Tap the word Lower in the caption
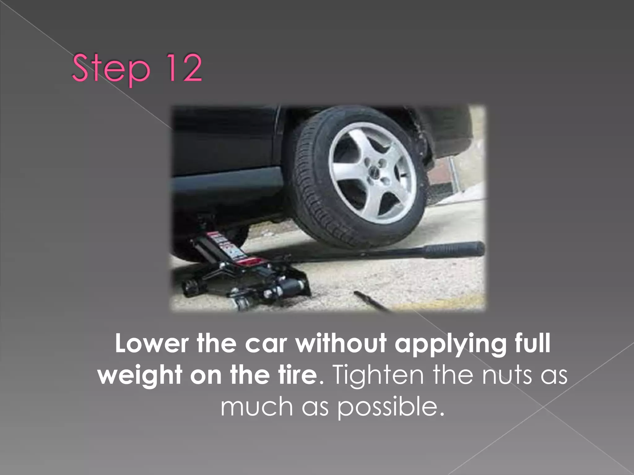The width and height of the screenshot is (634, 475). (x=152, y=343)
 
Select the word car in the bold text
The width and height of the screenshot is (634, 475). (x=266, y=343)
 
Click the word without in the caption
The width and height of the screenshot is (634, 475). (x=341, y=343)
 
